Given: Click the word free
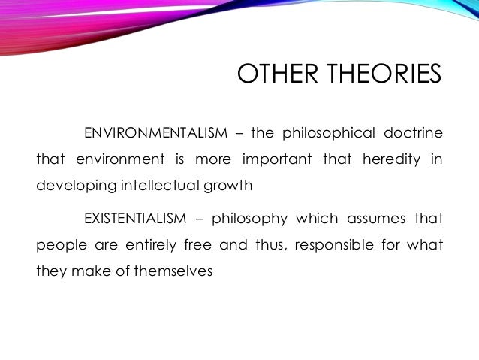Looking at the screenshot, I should click(x=193, y=244).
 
